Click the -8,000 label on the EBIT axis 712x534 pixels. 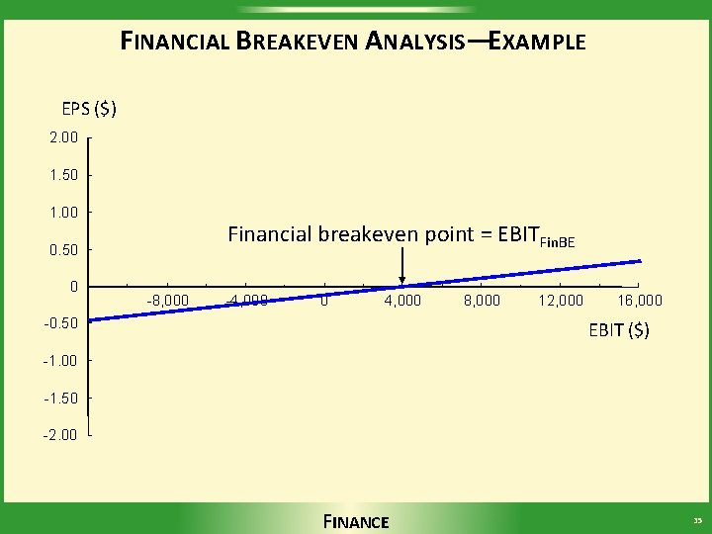pyautogui.click(x=168, y=301)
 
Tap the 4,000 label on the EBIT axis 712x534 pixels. pyautogui.click(x=402, y=301)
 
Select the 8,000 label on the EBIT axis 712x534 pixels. pyautogui.click(x=482, y=301)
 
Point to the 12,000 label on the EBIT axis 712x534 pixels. pyautogui.click(x=560, y=301)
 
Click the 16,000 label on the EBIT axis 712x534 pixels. pyautogui.click(x=639, y=301)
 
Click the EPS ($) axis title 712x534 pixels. pyautogui.click(x=89, y=108)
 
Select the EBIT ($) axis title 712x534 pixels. pyautogui.click(x=619, y=330)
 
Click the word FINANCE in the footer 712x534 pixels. pyautogui.click(x=356, y=521)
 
